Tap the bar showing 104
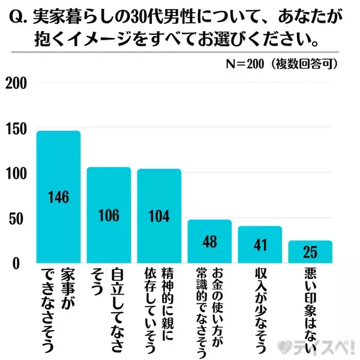coord(159,215)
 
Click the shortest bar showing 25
coord(310,251)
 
